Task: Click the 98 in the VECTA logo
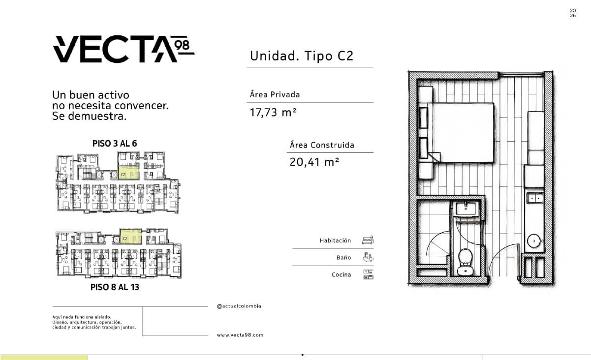point(182,45)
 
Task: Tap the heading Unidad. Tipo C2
point(302,56)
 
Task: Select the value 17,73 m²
point(273,113)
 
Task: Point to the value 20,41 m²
point(314,162)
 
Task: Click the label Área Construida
point(322,145)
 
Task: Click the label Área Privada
point(275,94)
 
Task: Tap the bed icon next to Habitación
point(368,240)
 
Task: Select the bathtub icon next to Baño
point(368,257)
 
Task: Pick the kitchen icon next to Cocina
point(368,274)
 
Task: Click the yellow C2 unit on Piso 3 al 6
point(128,173)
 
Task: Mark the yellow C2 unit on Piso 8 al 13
point(130,236)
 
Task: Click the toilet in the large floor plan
point(466,262)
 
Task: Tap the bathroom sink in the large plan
point(466,209)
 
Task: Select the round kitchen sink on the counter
point(534,241)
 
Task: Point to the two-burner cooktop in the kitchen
point(534,198)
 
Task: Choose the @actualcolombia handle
point(239,306)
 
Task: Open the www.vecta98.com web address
point(240,335)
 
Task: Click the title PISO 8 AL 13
point(115,287)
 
